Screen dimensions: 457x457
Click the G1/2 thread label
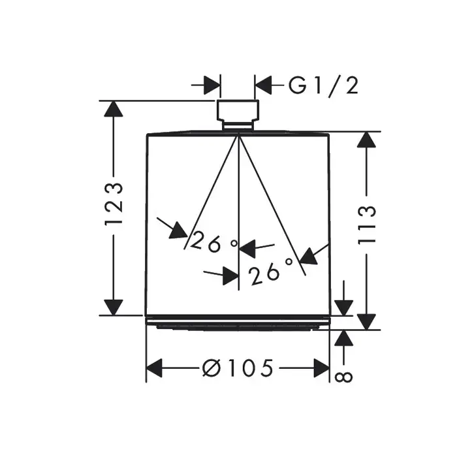324,85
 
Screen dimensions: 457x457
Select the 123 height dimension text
115,204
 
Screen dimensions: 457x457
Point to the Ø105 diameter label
238,369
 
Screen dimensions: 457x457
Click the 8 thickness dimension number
345,376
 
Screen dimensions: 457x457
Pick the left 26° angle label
215,244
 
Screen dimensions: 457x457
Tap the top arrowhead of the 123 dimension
114,110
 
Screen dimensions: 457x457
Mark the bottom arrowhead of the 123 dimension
114,306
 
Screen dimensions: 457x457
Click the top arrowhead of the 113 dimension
367,140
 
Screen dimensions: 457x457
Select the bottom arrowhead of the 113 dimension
367,321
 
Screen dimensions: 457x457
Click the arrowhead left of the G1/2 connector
212,85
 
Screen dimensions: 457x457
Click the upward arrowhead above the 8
344,338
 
